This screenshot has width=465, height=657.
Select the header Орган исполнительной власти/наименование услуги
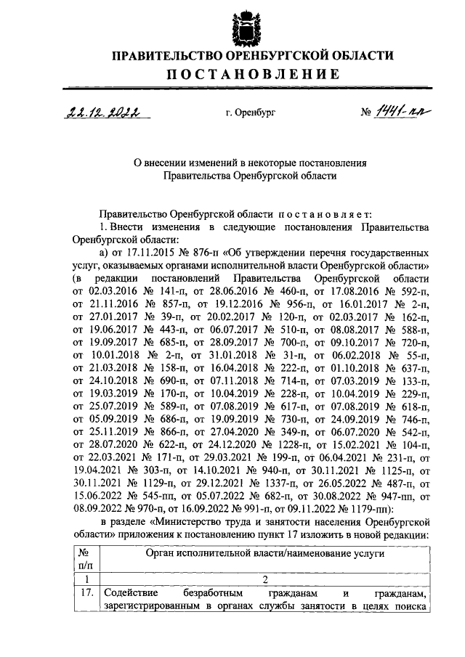click(265, 553)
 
